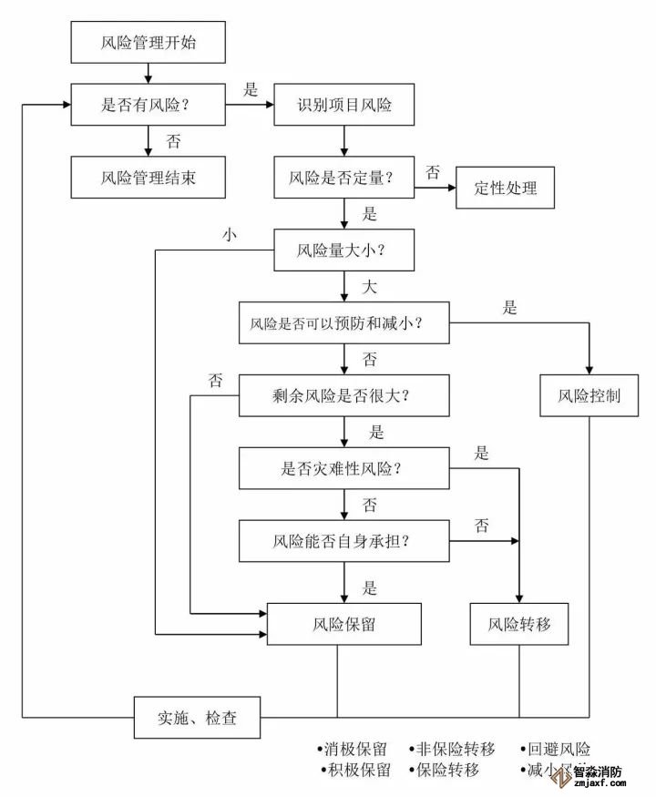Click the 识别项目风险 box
344,106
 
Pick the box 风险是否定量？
344,177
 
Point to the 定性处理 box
505,189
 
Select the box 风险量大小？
344,249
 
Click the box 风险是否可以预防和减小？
344,322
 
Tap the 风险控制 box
589,395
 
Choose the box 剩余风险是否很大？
344,395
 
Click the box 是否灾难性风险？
344,468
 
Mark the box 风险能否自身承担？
344,541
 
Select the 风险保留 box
344,625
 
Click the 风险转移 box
519,625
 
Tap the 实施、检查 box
197,718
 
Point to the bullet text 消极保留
356,750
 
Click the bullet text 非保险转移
456,750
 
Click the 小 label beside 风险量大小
230,234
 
